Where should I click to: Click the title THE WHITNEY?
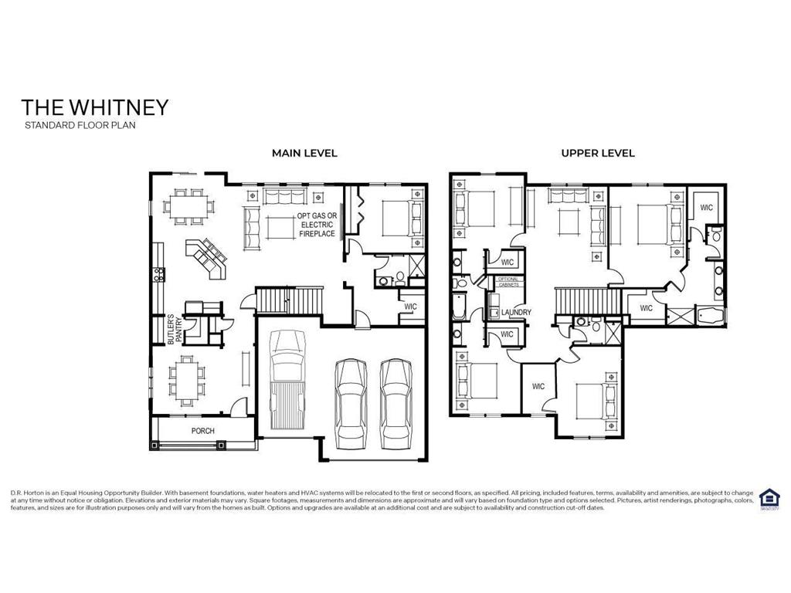(x=94, y=107)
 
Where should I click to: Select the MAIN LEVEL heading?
(x=304, y=153)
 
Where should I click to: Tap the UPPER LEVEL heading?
(x=598, y=153)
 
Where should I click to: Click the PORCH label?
(x=203, y=431)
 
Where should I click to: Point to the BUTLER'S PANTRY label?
(x=176, y=327)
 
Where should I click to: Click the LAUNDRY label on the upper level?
(x=516, y=313)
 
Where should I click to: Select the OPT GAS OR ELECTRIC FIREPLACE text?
(x=317, y=225)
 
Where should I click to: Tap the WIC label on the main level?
(x=411, y=307)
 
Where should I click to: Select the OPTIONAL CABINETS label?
(x=508, y=282)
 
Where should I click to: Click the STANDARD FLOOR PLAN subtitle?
(x=80, y=125)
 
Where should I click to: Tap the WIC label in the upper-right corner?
(x=706, y=208)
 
